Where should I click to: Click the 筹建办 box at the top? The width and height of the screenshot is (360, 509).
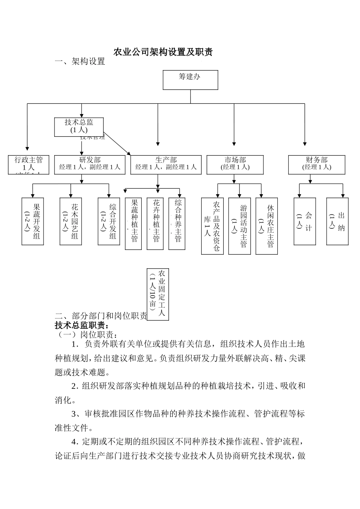coord(190,80)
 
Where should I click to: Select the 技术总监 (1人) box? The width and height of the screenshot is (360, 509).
coord(79,126)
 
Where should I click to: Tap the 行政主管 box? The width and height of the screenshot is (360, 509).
coord(29,164)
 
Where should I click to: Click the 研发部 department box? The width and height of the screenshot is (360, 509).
coord(90,164)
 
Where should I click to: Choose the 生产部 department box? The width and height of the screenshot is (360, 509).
coord(166,164)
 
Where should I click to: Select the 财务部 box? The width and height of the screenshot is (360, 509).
coord(316,164)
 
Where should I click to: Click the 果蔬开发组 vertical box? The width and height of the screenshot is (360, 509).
coord(33,221)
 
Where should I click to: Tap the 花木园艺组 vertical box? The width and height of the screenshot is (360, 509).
coord(71,221)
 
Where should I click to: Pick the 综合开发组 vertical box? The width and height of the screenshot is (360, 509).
coord(109,221)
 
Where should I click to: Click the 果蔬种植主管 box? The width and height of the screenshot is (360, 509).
coord(133,223)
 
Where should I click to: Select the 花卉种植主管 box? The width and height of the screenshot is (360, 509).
coord(155,223)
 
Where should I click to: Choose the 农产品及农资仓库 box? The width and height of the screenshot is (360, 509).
coord(212,226)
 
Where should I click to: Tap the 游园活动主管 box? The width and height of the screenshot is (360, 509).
coord(239,226)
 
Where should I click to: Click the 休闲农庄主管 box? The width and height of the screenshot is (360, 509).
coord(266,226)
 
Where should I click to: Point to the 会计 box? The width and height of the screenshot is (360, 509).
coord(305,221)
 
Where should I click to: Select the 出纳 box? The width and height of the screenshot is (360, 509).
coord(337,221)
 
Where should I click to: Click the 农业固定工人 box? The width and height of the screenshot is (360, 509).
coord(158,294)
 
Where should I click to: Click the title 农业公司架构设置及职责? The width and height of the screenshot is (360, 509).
coord(163,52)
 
